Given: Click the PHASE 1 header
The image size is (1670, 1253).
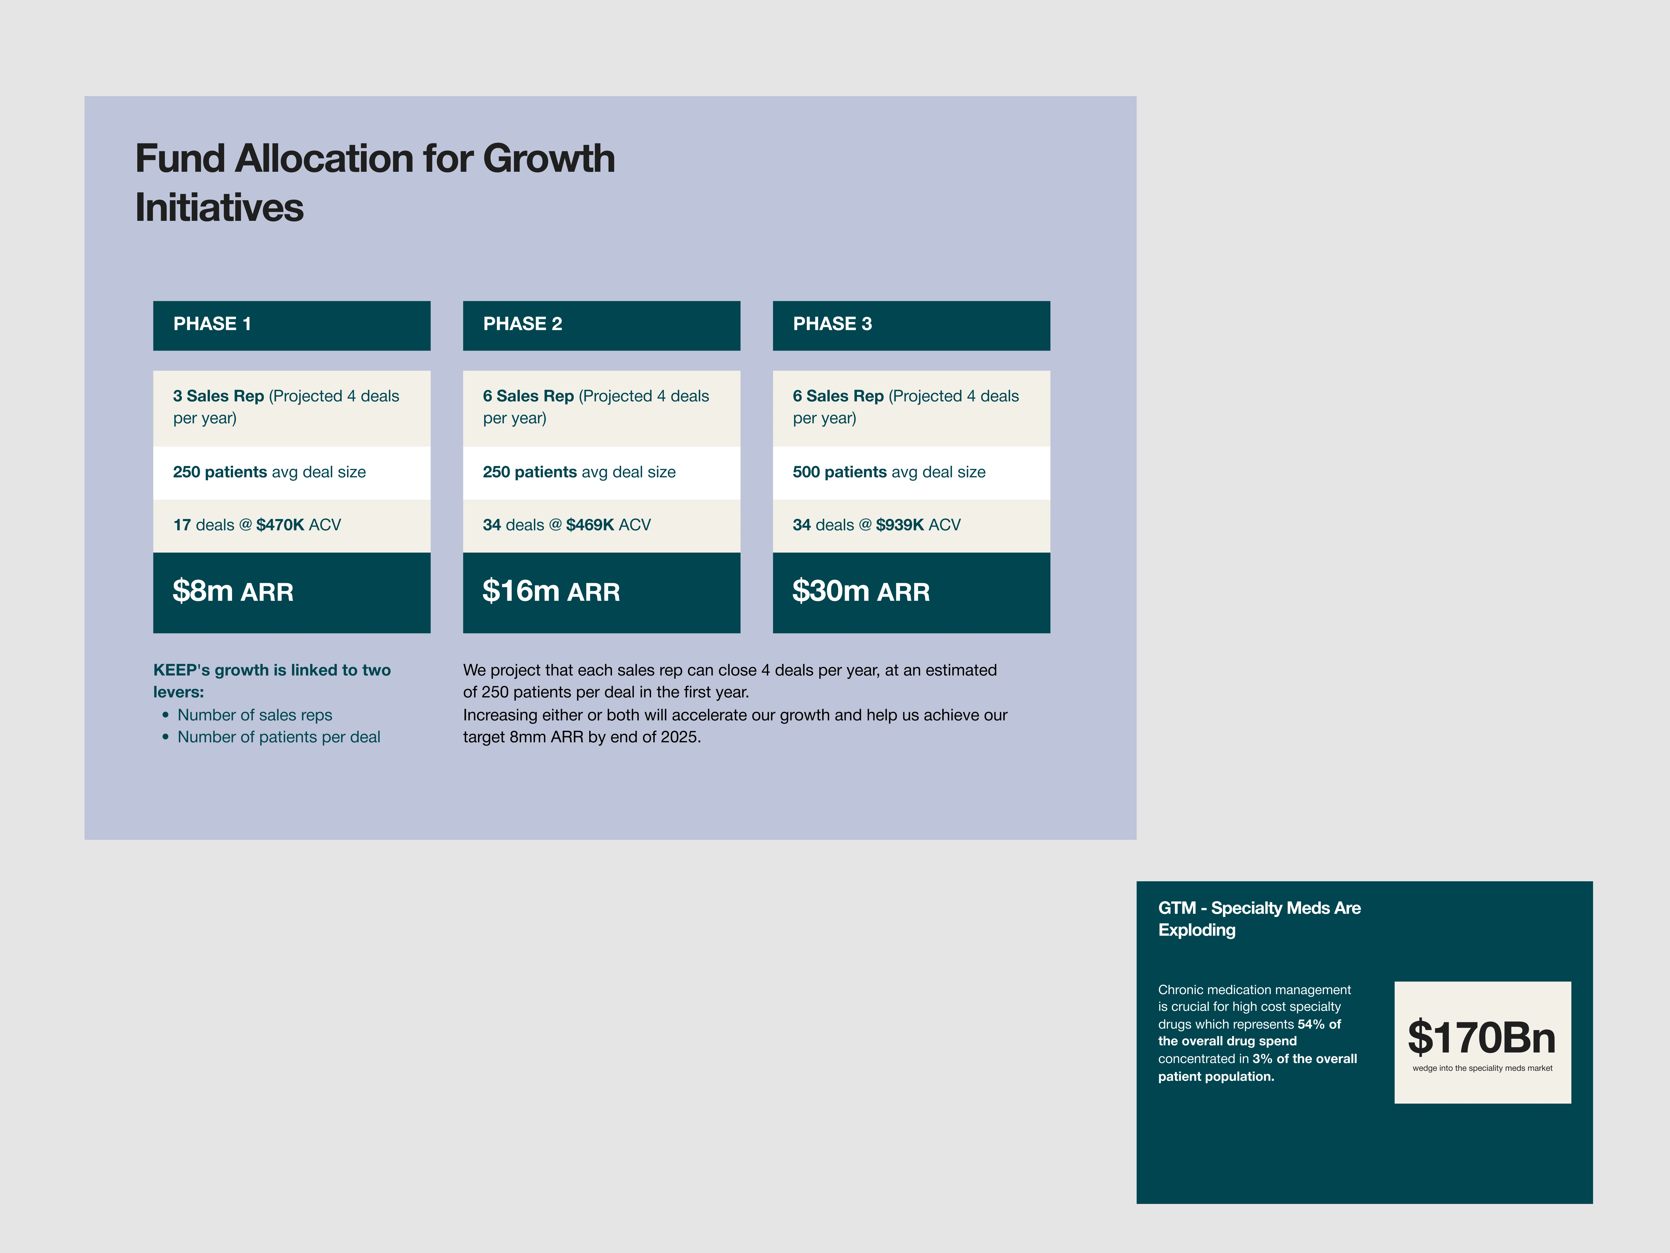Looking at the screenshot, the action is click(x=291, y=326).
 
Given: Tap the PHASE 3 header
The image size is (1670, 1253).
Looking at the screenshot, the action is click(x=911, y=326).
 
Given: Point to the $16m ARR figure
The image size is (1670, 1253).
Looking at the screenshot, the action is click(x=551, y=591).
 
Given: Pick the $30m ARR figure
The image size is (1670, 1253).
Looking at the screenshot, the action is click(x=861, y=591).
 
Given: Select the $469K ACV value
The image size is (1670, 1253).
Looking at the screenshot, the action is click(x=609, y=525).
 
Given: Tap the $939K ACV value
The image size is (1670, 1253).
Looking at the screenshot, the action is click(x=918, y=525).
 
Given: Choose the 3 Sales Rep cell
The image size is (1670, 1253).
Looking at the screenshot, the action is click(x=291, y=408).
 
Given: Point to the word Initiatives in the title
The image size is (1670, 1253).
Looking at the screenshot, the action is click(x=219, y=208).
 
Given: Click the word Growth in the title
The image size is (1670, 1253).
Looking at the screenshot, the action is click(x=549, y=159).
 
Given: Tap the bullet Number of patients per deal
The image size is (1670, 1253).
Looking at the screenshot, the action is click(x=279, y=737).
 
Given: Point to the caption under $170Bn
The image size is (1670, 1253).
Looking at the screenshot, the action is click(x=1482, y=1068).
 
